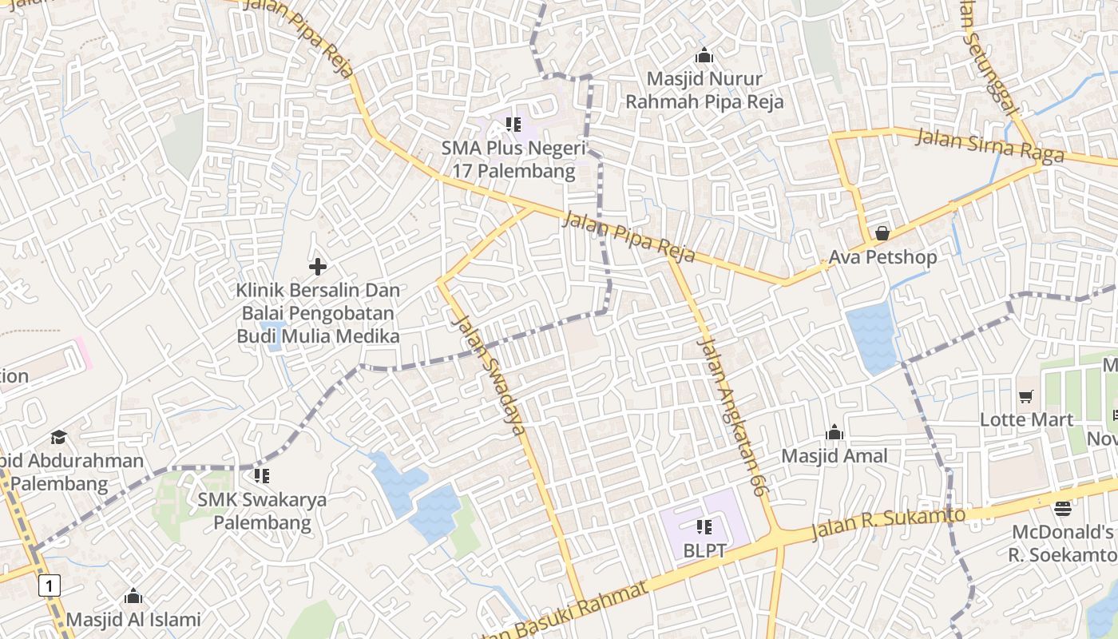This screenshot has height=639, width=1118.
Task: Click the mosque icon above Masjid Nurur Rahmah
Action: [x=704, y=56]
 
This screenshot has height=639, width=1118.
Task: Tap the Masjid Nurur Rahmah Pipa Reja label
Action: [x=704, y=90]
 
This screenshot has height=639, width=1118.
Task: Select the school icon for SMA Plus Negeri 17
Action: [x=513, y=125]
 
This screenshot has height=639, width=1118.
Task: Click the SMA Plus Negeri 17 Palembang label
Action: [x=513, y=160]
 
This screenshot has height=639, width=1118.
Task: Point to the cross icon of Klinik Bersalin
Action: [x=318, y=267]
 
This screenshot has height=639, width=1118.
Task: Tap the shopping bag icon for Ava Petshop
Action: [x=882, y=233]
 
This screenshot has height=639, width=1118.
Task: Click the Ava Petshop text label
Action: [x=882, y=258]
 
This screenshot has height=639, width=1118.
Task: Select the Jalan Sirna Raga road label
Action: [x=989, y=144]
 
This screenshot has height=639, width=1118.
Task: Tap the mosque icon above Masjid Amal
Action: [x=835, y=432]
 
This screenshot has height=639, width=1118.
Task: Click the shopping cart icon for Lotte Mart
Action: [x=1026, y=396]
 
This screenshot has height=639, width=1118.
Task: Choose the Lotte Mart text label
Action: [x=1026, y=419]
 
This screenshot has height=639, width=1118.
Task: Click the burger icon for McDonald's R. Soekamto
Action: [x=1062, y=508]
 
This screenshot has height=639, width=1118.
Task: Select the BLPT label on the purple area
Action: [x=704, y=551]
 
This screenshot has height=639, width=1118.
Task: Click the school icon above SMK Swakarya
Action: [x=261, y=476]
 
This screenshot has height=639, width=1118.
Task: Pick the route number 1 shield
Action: [x=50, y=586]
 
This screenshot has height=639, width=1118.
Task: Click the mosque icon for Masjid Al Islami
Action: [x=133, y=596]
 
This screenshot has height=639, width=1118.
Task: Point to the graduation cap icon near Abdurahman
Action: [x=58, y=437]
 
